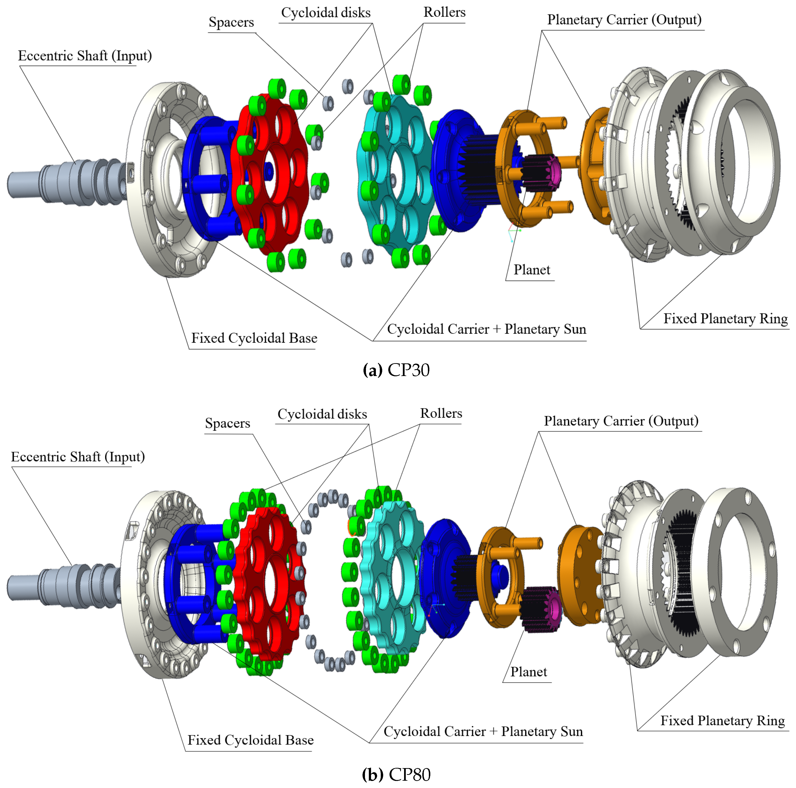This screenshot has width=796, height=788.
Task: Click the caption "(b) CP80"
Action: (x=396, y=774)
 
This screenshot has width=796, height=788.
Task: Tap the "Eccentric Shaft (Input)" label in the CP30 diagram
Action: (x=85, y=56)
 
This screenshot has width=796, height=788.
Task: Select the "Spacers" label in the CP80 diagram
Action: (x=227, y=423)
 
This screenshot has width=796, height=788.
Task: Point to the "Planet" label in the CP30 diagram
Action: (x=531, y=270)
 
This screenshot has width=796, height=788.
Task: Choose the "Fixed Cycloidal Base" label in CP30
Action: (x=254, y=338)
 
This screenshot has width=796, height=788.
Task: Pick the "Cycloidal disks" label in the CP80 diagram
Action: (x=322, y=414)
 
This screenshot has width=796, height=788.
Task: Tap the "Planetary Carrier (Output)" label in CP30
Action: (x=624, y=20)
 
